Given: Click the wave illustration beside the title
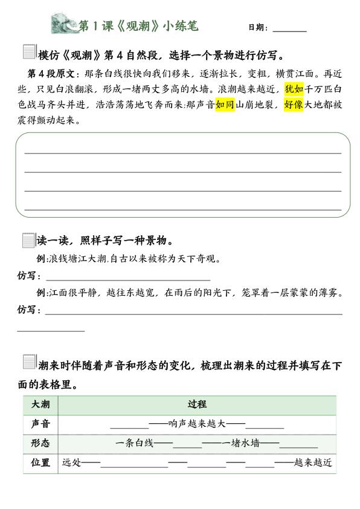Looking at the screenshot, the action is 65,25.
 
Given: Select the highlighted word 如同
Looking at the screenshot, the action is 225,105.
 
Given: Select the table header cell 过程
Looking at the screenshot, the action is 197,404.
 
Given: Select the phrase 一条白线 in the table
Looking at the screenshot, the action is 135,443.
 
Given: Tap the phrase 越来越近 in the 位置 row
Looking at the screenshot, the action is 312,463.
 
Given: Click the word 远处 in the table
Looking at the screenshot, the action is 71,463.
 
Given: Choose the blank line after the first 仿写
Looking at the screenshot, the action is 128,280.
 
